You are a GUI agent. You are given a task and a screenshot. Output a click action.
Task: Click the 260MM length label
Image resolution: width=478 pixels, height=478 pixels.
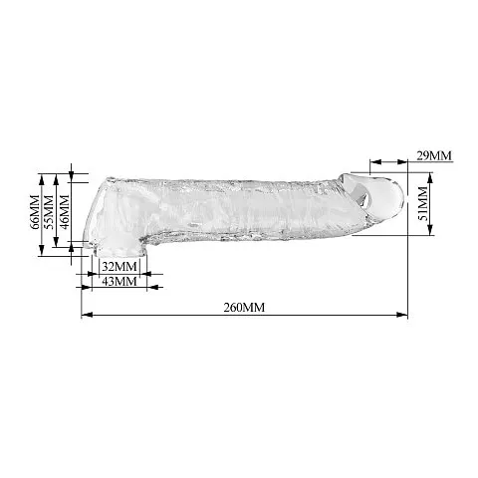tap(244, 308)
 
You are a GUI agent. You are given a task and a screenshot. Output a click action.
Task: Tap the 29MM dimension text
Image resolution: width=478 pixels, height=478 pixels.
tap(434, 155)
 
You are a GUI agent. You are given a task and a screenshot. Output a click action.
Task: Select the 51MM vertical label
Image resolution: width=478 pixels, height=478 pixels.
tap(422, 204)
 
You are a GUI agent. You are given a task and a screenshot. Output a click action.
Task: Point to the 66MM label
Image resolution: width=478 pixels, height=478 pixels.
tap(35, 212)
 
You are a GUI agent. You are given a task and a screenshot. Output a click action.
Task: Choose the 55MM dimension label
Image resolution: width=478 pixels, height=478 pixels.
tap(49, 212)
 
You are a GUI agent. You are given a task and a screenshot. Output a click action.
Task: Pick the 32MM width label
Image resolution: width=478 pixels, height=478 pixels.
tap(119, 266)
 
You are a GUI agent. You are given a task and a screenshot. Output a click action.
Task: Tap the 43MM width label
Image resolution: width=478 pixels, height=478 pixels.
tap(119, 281)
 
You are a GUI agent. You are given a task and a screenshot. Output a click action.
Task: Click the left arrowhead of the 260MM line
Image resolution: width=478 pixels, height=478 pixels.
tap(87, 315)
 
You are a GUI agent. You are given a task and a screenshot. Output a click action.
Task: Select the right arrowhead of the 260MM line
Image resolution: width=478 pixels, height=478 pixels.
tap(402, 315)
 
